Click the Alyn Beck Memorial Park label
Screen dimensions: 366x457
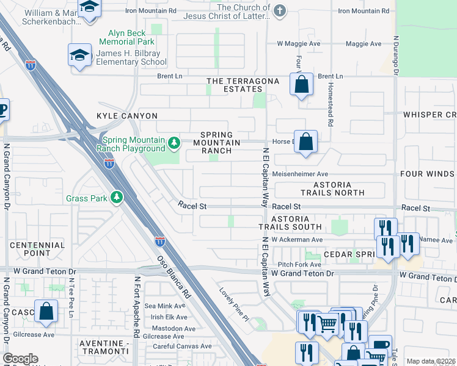[131, 38]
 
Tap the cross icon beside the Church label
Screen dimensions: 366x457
[280, 10]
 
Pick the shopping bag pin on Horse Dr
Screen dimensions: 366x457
[306, 142]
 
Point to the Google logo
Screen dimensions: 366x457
[20, 359]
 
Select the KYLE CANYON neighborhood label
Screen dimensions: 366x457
[127, 116]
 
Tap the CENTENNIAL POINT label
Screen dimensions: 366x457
[38, 249]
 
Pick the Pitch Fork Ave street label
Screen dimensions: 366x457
[299, 265]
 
